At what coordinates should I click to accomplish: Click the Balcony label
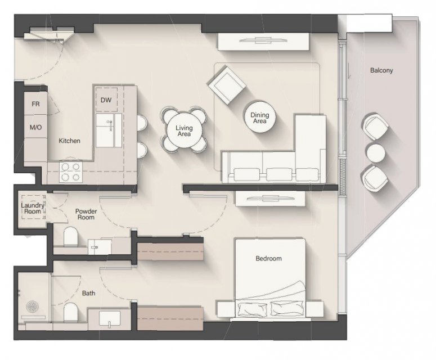coord(381,70)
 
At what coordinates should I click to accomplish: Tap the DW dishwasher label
coord(106,100)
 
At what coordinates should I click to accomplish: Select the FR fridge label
coord(35,104)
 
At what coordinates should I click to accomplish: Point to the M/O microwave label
coord(35,127)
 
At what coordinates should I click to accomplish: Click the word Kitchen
coord(70,141)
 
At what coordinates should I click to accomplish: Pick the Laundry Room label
coord(33,208)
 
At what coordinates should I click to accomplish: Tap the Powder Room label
coord(86,214)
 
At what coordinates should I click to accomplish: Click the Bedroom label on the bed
coord(268,259)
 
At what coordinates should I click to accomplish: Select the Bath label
coord(88,293)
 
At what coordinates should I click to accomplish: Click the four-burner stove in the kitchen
coord(71,172)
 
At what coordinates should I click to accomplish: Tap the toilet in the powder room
coord(70,237)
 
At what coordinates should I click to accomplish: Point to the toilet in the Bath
coord(71,312)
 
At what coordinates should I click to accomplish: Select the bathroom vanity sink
coord(110,318)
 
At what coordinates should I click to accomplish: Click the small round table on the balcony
coord(376,153)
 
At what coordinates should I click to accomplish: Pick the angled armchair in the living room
coord(226,85)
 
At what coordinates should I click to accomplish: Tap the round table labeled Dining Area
coord(259,117)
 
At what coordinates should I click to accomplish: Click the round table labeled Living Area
coord(184,130)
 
